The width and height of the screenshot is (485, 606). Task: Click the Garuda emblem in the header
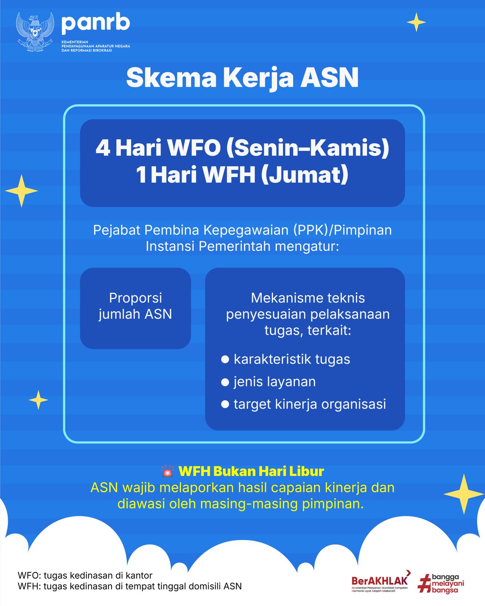pos(35,32)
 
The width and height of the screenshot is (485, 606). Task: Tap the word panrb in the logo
pos(95,23)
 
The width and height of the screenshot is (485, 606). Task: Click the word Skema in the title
pos(171,78)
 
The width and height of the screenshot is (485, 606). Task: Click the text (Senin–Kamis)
pos(307,148)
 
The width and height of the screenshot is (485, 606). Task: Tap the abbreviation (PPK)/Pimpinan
pos(342,230)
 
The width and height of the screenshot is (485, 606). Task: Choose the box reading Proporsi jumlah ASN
pos(135,308)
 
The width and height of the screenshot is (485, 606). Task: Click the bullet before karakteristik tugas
pos(225,359)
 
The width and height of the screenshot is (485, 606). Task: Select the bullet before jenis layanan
pos(225,382)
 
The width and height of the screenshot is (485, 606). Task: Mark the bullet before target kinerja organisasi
pos(225,404)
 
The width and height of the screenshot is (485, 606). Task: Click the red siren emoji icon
pos(167,472)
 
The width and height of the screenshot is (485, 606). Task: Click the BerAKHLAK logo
pos(380,581)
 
